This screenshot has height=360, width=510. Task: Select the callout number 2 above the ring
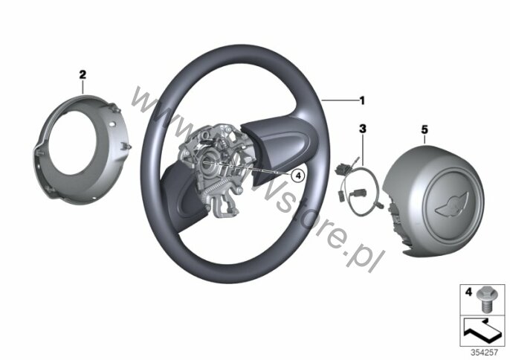point(83,74)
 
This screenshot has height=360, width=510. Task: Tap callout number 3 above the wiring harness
point(363,129)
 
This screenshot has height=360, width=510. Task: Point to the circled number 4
point(296,176)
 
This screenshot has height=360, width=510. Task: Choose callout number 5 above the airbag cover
point(425,129)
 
